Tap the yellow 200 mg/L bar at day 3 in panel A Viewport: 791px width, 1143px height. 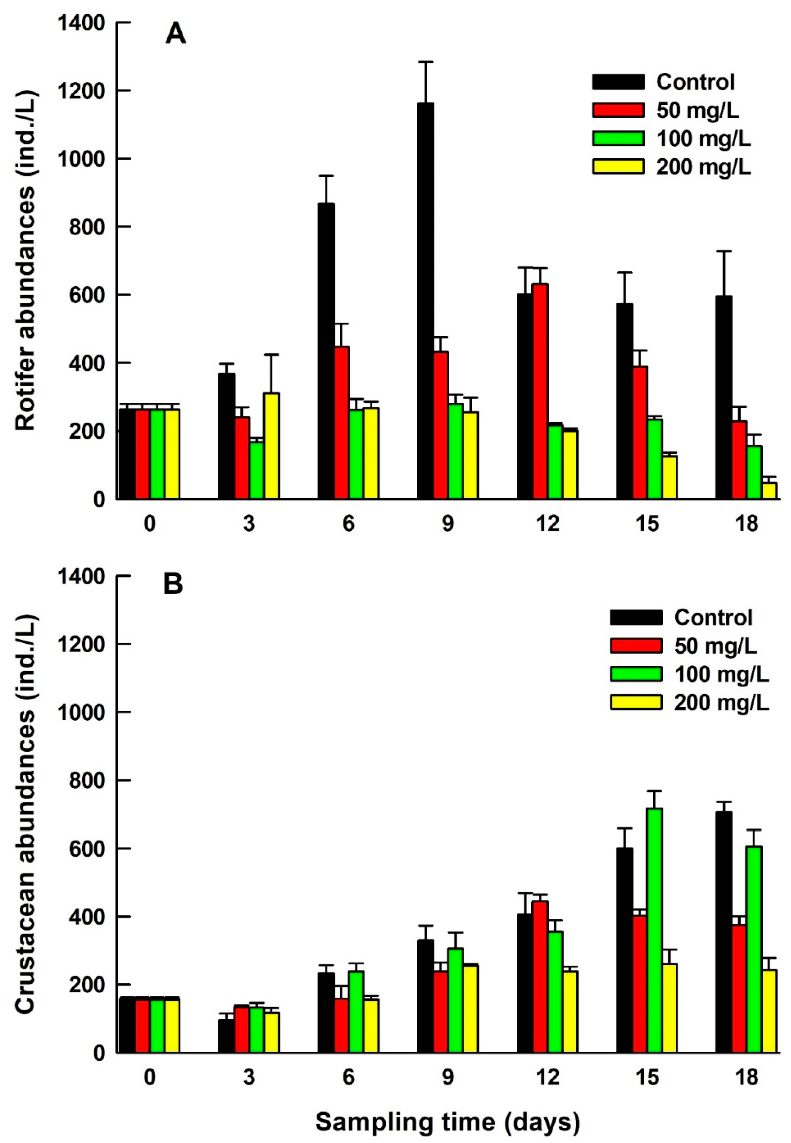272,446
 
